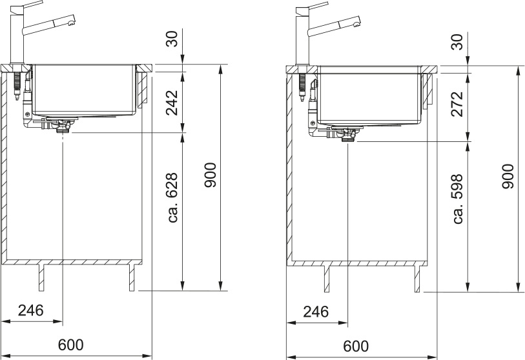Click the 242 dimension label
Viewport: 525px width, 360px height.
click(172, 103)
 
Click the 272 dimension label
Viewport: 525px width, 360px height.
click(457, 104)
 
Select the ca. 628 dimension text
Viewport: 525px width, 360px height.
click(172, 198)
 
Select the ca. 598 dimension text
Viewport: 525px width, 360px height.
click(457, 199)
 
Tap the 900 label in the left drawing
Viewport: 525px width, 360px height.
click(211, 175)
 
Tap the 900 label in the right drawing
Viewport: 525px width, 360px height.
click(508, 176)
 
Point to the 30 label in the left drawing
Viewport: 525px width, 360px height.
click(172, 39)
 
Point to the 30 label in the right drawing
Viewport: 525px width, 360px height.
click(457, 42)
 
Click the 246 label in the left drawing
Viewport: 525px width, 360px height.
click(31, 310)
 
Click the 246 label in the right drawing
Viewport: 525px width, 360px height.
click(316, 312)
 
